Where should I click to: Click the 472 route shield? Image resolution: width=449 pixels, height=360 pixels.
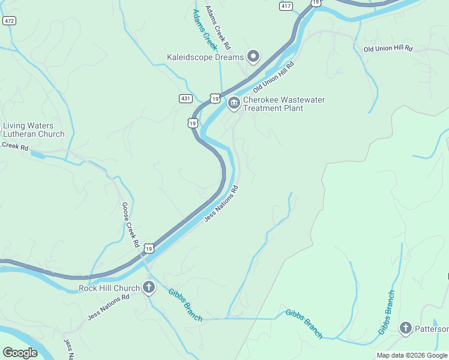coord(9,20)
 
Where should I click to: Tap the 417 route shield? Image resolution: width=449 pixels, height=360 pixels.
coord(286,6)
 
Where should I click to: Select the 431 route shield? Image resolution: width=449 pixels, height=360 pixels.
coord(185,98)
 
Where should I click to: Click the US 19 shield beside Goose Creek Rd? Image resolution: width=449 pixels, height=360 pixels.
coord(149,248)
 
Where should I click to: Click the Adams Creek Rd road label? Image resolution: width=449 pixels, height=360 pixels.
coord(218,28)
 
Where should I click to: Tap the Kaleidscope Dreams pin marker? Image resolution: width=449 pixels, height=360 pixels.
coord(253,57)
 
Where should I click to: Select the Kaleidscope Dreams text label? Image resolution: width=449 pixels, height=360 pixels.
coord(205,58)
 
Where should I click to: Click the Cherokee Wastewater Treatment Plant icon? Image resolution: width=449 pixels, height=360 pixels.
coord(234,104)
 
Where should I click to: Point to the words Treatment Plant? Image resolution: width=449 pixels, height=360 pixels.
coord(273,109)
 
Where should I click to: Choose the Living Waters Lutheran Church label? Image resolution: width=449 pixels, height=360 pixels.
coord(33,130)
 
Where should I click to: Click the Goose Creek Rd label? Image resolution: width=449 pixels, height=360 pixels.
coord(131,225)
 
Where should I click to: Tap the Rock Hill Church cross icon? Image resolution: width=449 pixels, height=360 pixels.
coord(149,288)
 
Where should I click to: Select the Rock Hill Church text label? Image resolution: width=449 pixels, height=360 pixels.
coord(109,288)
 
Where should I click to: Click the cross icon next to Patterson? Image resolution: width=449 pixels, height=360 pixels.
coord(406,328)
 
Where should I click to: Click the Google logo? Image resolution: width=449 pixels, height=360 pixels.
coord(20,353)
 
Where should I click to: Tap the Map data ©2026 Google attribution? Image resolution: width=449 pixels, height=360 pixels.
coord(412,355)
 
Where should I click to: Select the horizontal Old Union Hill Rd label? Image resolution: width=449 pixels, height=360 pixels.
coord(388,48)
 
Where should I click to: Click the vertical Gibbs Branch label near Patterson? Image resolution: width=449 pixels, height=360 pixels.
coord(387,312)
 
